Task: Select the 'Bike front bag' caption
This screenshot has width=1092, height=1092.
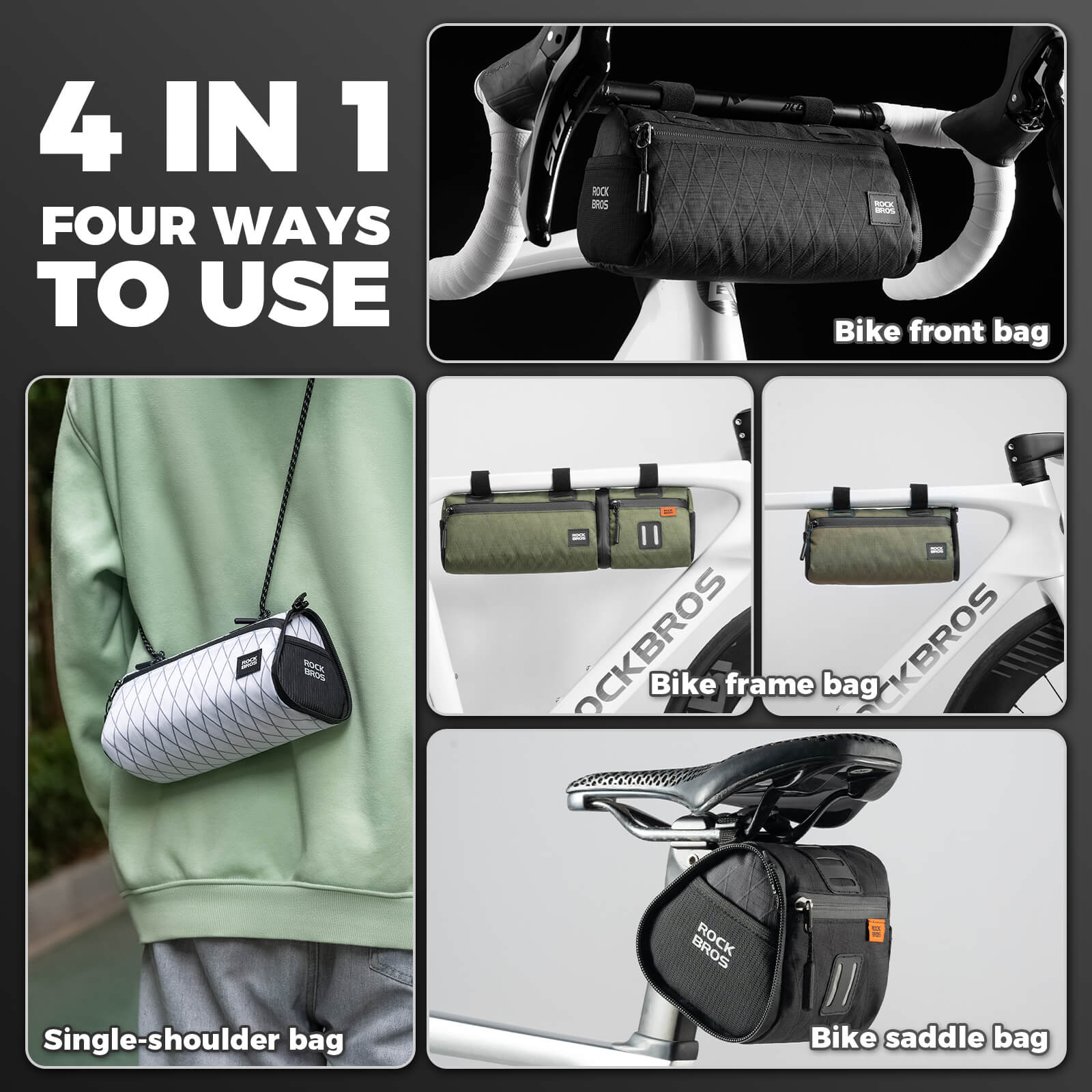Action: point(941,332)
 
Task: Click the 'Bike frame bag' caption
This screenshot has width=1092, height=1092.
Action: point(764,685)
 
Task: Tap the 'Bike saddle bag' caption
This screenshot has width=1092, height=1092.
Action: point(929,1038)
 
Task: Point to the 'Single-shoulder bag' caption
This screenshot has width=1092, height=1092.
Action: point(193,1040)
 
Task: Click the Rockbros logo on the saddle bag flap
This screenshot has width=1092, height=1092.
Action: point(713,945)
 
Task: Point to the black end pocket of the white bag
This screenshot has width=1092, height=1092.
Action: point(314,669)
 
